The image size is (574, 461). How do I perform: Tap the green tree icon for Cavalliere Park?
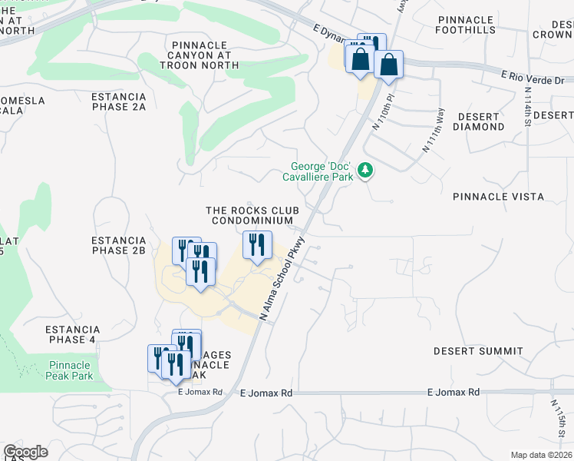click(367, 169)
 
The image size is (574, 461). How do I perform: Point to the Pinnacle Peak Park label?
click(70, 370)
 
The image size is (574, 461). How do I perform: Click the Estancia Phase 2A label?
click(118, 101)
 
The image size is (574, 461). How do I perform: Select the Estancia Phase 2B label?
click(118, 245)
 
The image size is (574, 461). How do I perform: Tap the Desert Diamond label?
click(480, 121)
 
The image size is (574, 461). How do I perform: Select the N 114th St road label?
click(527, 107)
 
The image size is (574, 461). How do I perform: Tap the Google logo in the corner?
click(25, 452)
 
